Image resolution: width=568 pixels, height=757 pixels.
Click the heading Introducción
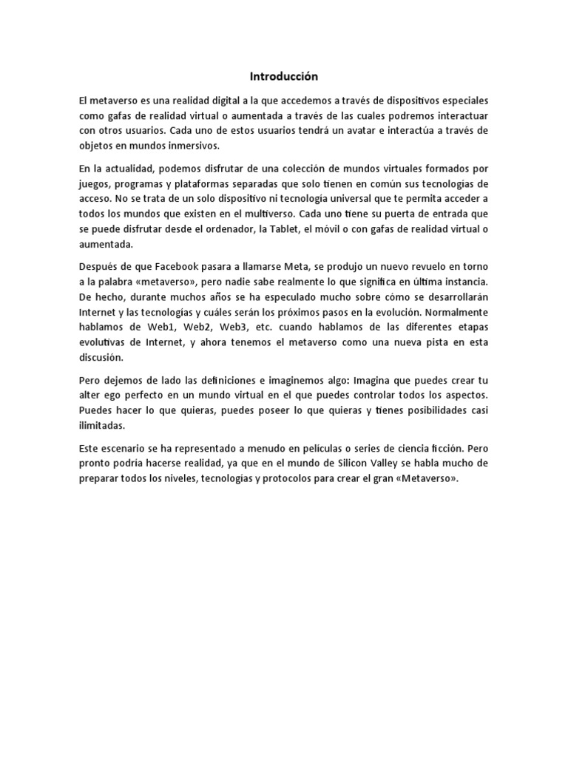pos(283,76)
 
